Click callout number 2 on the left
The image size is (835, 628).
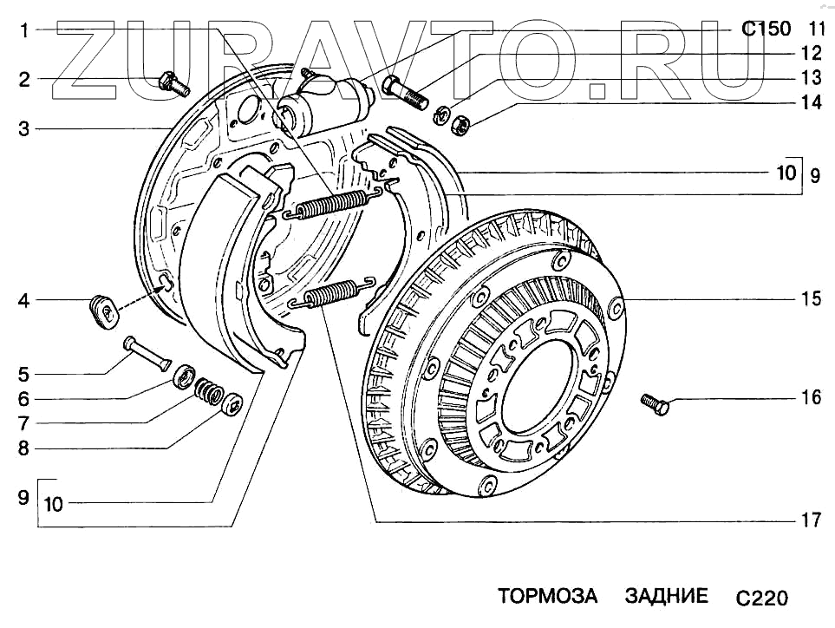pos(24,81)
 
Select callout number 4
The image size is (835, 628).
pos(24,302)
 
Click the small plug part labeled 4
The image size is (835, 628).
pos(105,310)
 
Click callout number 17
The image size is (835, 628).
pos(811,521)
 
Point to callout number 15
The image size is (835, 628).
pos(811,300)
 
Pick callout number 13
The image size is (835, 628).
pos(811,77)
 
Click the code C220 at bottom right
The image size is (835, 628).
pos(760,599)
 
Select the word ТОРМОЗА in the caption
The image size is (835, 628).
pos(547,597)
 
